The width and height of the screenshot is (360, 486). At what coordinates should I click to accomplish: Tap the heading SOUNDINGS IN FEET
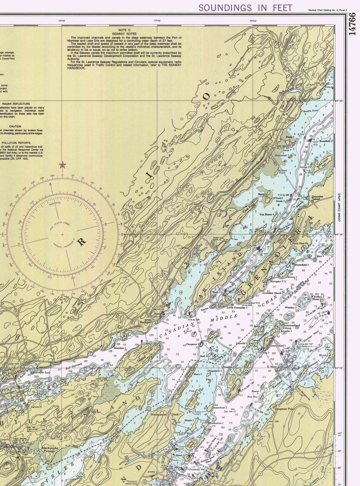click(245, 8)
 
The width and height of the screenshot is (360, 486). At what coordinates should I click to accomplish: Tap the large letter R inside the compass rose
click(82, 242)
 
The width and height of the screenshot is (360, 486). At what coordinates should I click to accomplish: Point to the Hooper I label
click(276, 282)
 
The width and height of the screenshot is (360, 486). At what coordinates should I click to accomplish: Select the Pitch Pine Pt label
click(301, 243)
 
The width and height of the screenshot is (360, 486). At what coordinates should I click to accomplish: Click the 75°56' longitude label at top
click(157, 21)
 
